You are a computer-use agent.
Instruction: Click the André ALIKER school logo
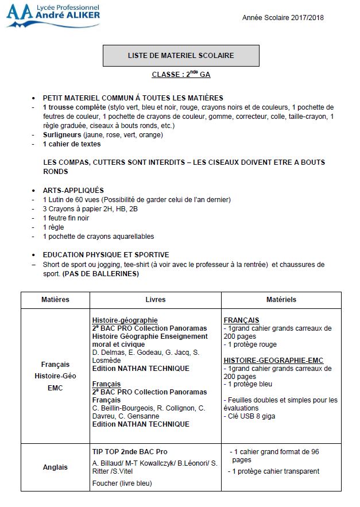coord(53,16)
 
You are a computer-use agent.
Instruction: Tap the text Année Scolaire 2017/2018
coord(283,18)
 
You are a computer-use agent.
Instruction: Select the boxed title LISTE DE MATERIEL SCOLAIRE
coord(181,56)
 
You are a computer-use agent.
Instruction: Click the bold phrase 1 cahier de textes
coord(72,144)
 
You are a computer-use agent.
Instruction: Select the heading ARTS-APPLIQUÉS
coord(73,190)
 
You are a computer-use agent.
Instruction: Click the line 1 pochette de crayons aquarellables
coord(98,236)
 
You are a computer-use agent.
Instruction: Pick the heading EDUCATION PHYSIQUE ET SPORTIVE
coord(106,255)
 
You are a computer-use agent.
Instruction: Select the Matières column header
coord(55,300)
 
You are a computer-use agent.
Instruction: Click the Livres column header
coord(156,300)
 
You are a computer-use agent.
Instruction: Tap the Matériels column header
coord(281,300)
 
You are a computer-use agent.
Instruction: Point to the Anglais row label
coord(55,467)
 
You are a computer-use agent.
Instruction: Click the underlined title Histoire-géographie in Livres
coord(125,320)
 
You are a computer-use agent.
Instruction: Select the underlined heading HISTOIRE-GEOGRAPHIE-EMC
coord(273,361)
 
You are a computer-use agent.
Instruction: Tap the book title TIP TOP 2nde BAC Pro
coord(130,452)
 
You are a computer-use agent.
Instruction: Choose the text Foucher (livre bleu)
coord(122,483)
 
